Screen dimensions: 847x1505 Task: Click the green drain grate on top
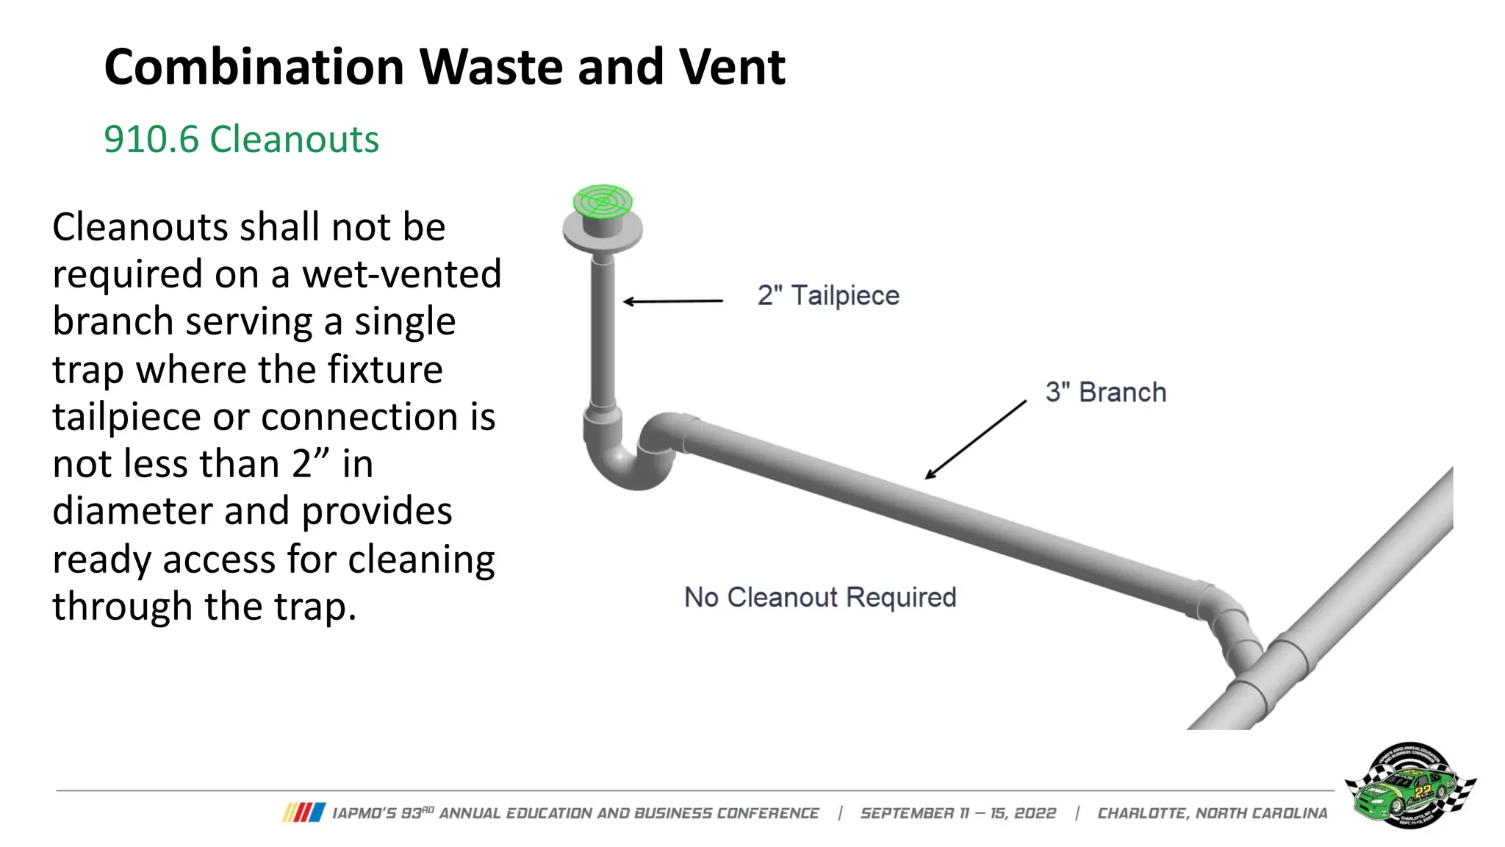pyautogui.click(x=603, y=201)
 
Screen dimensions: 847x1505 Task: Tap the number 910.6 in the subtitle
pyautogui.click(x=151, y=139)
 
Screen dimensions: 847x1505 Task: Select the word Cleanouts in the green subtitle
pyautogui.click(x=294, y=139)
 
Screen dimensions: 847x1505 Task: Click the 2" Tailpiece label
pyautogui.click(x=828, y=296)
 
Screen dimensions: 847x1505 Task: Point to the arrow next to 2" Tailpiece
pyautogui.click(x=672, y=301)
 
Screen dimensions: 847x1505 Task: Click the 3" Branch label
pyautogui.click(x=1105, y=392)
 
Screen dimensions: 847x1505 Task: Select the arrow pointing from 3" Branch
pyautogui.click(x=975, y=440)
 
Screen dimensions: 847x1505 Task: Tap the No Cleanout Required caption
pyautogui.click(x=820, y=597)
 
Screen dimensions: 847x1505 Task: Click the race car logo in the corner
pyautogui.click(x=1410, y=785)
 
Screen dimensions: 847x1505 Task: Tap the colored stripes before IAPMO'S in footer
pyautogui.click(x=303, y=812)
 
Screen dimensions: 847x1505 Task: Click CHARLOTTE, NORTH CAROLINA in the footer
pyautogui.click(x=1212, y=813)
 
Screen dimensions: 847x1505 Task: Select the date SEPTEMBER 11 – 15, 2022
pyautogui.click(x=958, y=813)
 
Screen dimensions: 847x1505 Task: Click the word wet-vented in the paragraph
pyautogui.click(x=401, y=274)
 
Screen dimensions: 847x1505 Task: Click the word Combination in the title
pyautogui.click(x=254, y=67)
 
